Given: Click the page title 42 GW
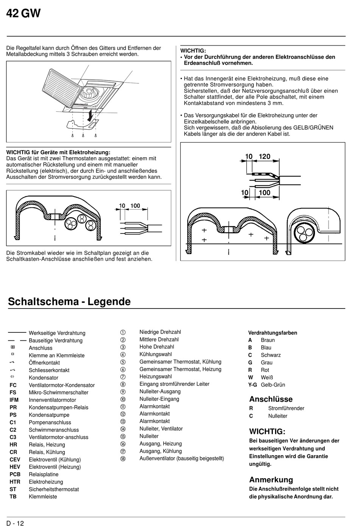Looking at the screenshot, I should pos(23,14).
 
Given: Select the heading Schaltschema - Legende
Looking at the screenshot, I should pos(69,302).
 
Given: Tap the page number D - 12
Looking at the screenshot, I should pos(15,523).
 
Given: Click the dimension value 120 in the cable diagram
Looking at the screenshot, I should pos(265,157).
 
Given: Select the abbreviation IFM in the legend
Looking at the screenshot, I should pos(14,400).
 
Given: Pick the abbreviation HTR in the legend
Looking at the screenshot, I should pos(15,482).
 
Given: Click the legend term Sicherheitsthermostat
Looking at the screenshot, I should pos(54,489).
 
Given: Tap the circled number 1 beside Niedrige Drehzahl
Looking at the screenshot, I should pos(123,332).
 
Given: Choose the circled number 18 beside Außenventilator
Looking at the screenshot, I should pos(123,459).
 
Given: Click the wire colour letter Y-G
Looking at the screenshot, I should pos(252,385).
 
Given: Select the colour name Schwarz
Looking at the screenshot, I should pos(271,355).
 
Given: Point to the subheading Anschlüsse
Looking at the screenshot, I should pos(271,399).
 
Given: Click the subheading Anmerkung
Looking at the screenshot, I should pos(271,480).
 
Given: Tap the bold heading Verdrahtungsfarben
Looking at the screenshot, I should pos(272,333).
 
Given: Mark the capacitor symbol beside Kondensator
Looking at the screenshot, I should pos(13,377).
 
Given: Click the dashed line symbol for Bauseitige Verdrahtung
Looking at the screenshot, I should pos(17,340).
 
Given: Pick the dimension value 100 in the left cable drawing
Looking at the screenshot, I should pos(135,206).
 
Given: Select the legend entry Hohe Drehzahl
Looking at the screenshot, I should pos(157,347).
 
